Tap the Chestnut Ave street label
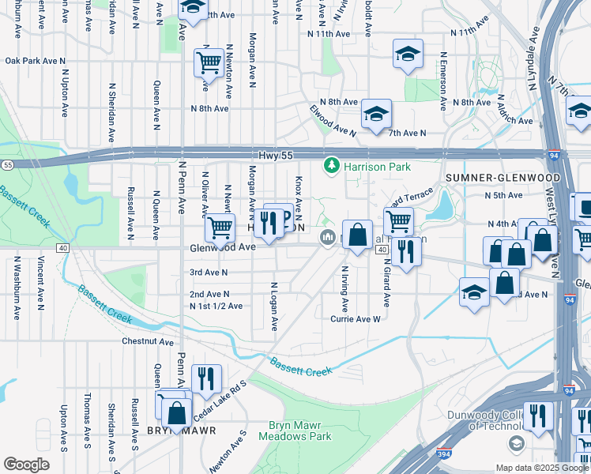(147, 341)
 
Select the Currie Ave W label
(356, 319)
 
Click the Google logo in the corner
(27, 465)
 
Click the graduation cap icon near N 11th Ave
(408, 54)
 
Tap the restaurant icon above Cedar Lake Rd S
(206, 378)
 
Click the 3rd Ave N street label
(209, 273)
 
